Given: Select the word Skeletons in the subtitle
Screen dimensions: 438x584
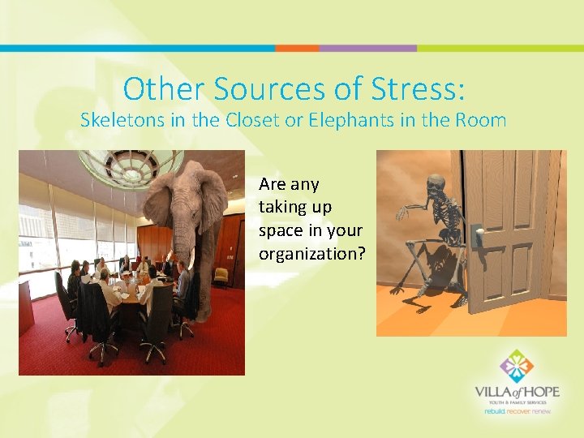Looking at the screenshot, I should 122,120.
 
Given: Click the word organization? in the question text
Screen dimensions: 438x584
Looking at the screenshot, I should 312,253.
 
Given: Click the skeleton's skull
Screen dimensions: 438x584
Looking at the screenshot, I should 436,183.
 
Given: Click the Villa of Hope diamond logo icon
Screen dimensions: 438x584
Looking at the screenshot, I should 517,367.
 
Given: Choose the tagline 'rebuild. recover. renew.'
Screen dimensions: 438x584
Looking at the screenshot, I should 517,411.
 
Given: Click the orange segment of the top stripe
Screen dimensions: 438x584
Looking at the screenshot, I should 296,49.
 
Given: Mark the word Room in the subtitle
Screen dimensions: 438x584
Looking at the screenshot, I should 482,120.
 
